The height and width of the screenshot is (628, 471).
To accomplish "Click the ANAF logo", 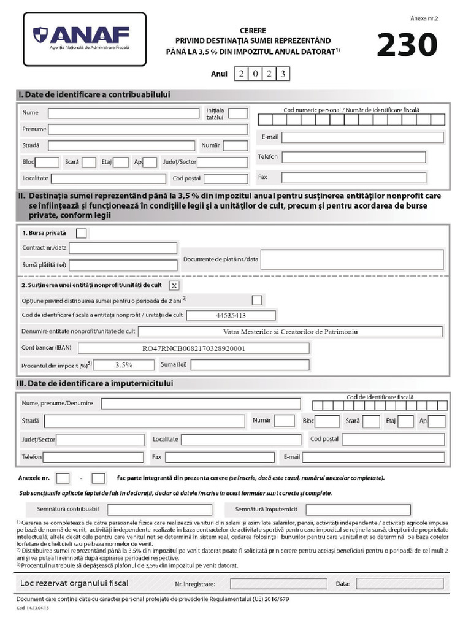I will pos(85,38).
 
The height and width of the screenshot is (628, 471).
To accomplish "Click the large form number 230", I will pos(407,45).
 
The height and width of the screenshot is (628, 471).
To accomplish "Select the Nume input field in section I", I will pos(123,113).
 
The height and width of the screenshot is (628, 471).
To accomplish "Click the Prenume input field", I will pos(148,129).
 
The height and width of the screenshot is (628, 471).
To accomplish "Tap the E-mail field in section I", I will pos(362,137).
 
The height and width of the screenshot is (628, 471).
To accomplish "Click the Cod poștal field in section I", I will pos(226,178).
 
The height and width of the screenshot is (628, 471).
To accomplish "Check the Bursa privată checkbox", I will pos(81,233).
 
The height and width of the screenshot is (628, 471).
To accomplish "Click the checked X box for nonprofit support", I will pos(174,285).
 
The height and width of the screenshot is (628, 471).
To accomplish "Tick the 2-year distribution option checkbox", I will pos(257,300).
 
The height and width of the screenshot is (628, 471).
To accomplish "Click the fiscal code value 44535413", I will pos(231,315).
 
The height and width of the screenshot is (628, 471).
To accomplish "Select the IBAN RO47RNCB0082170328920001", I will pos(194,348).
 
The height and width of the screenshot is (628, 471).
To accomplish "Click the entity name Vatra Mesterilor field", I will pos(290,332).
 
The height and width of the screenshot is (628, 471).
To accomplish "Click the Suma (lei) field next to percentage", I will pos(250,365).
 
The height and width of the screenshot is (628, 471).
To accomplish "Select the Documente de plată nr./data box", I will pos(352,259).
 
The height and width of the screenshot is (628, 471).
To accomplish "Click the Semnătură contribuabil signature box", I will pos(159,510).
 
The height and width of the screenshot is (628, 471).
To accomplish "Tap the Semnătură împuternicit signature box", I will pos(358,510).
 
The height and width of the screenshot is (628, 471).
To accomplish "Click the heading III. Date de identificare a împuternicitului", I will pos(95,383).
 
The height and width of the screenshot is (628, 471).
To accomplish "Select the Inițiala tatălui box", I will pos(238,113).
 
